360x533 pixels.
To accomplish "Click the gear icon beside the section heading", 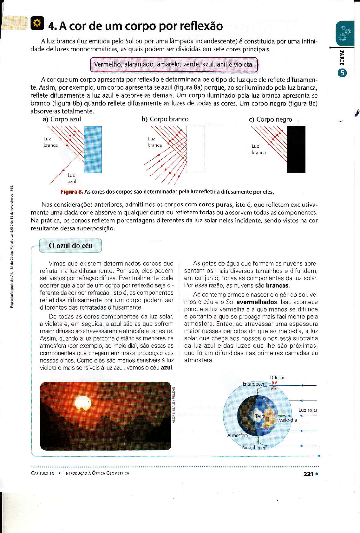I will pyautogui.click(x=37, y=24).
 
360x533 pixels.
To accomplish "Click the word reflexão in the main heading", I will pyautogui.click(x=201, y=26).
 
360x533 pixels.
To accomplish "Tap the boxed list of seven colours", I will pyautogui.click(x=174, y=65).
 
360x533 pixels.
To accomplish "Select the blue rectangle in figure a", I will pyautogui.click(x=93, y=150).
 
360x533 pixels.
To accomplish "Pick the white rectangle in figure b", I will pyautogui.click(x=196, y=149).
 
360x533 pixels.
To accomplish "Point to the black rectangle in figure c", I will pyautogui.click(x=296, y=150).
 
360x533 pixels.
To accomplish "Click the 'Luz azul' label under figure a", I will pyautogui.click(x=72, y=178).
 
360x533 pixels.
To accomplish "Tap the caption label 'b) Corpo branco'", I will pyautogui.click(x=165, y=119).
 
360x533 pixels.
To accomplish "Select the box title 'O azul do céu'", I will pyautogui.click(x=70, y=246).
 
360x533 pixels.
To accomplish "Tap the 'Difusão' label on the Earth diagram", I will pyautogui.click(x=277, y=378).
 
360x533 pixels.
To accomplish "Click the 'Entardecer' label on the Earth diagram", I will pyautogui.click(x=253, y=384).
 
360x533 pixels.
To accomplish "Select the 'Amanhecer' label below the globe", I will pyautogui.click(x=253, y=447).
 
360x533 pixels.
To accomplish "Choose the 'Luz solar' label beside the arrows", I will pyautogui.click(x=308, y=410).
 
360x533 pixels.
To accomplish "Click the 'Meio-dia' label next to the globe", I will pyautogui.click(x=288, y=420).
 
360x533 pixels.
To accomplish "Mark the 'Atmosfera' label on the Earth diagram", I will pyautogui.click(x=238, y=435).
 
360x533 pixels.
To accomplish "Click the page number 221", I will pyautogui.click(x=308, y=474).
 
